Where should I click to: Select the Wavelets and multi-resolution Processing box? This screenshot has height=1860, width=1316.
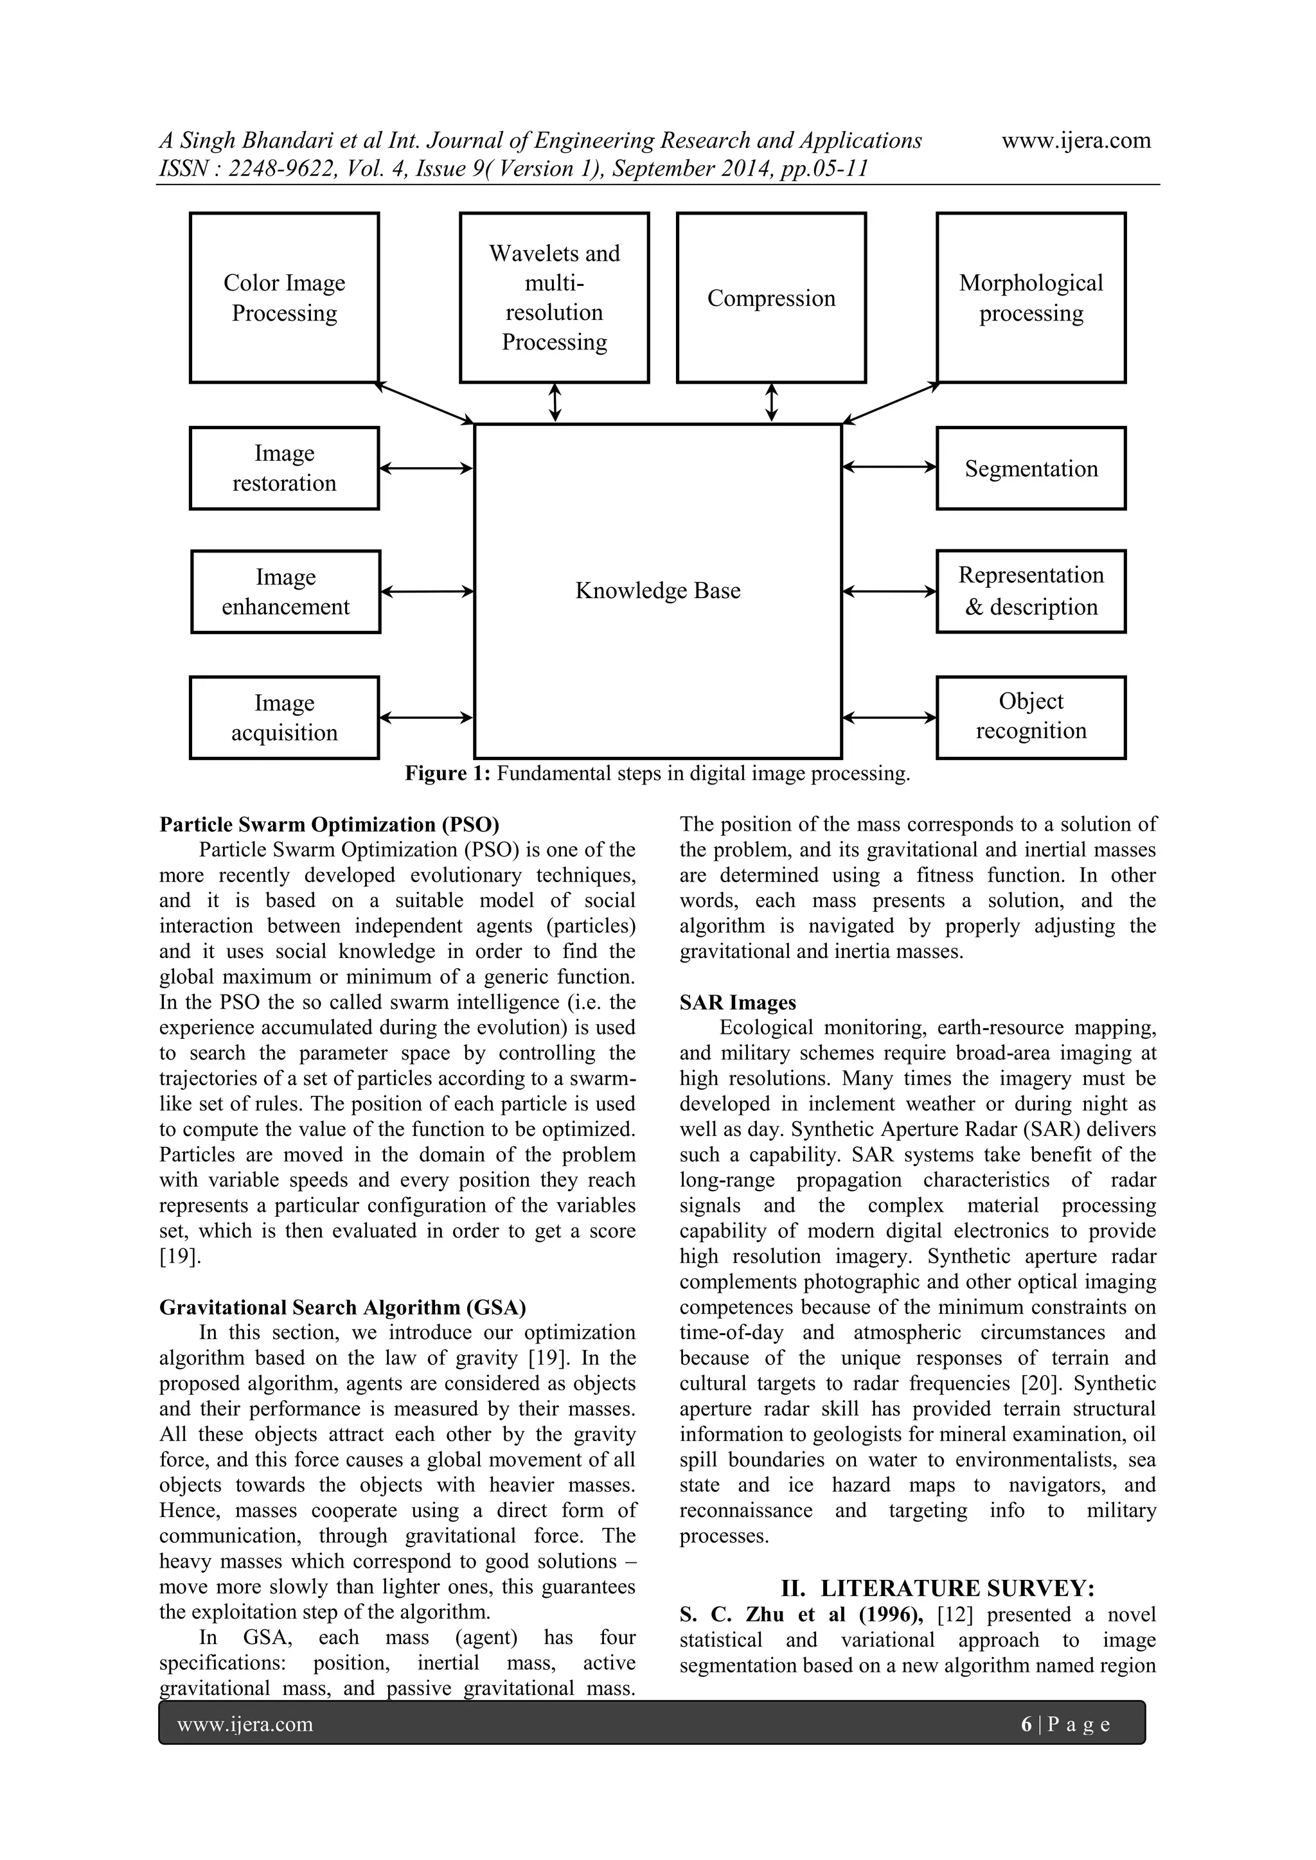coord(555,297)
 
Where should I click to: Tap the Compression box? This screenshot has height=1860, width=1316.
coord(770,297)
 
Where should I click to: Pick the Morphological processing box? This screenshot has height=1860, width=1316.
coord(1031,297)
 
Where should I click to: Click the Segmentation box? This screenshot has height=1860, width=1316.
coord(1031,468)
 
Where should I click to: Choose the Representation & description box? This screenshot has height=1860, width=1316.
coord(1031,591)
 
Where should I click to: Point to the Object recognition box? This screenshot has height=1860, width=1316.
coord(1031,717)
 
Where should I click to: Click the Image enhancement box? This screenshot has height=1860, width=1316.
coord(285,591)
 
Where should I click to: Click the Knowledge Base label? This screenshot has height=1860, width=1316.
coord(657,590)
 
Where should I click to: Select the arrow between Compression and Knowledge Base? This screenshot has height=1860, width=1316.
coord(772,403)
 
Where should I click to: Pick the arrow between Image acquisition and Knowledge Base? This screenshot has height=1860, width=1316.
coord(426,717)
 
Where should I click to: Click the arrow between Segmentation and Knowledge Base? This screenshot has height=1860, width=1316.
coord(889,466)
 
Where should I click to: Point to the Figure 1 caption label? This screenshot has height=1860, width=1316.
coord(657,774)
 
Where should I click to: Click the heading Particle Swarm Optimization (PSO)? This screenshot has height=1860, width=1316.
coord(329,825)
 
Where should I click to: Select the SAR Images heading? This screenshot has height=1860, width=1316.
coord(738,1003)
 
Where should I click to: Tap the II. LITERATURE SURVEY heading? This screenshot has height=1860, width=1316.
coord(938,1587)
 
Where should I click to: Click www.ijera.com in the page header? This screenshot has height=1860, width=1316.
coord(1076,141)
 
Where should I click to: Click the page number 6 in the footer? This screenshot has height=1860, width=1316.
coord(1026,1724)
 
